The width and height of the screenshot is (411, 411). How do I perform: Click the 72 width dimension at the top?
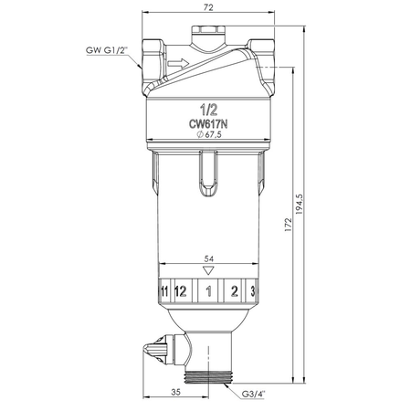click(208, 7)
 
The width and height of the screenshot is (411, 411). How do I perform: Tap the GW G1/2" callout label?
click(106, 50)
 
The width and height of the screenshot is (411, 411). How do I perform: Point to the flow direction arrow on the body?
click(178, 63)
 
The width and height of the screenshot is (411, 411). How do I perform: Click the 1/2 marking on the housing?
click(208, 110)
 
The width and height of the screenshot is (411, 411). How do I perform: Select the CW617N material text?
click(208, 124)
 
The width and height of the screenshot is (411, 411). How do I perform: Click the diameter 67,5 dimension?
click(209, 134)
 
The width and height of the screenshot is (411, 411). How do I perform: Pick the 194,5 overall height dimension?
click(300, 204)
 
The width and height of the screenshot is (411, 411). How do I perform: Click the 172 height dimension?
click(288, 225)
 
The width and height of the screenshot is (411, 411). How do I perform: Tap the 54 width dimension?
click(208, 258)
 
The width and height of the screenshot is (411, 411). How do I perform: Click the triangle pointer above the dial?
click(208, 270)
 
